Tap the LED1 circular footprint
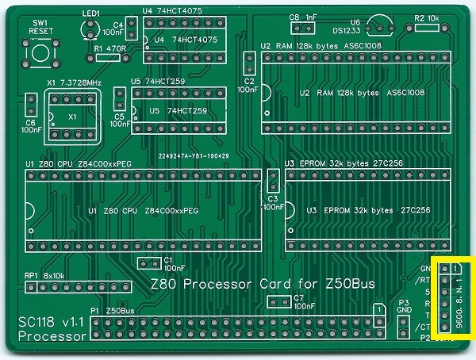tap(90, 29)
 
